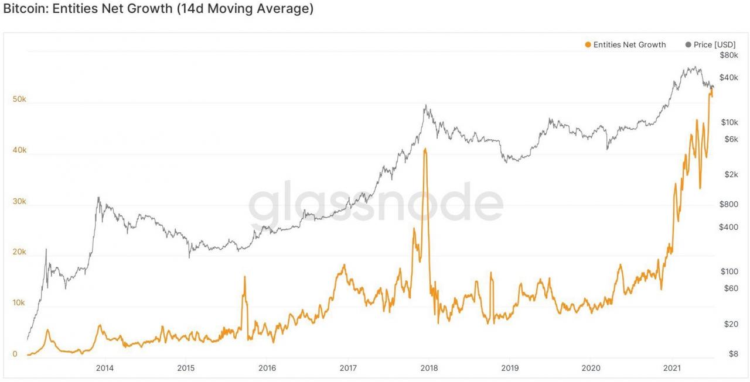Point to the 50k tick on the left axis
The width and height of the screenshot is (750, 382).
pos(19,99)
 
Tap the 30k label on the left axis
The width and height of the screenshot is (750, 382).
pos(19,201)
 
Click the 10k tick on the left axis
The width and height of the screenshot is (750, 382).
pos(19,303)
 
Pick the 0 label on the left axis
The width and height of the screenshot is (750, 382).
pos(15,354)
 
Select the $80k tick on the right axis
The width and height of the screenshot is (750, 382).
pos(728,55)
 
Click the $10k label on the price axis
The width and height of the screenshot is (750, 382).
pos(728,122)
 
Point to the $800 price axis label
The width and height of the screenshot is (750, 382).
pos(728,204)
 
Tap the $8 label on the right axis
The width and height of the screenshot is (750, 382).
pos(732,353)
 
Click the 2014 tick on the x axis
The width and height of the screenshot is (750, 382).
pos(105,367)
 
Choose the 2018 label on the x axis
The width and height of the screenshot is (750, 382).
pos(429,367)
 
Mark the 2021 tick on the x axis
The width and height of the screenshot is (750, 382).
pos(671,367)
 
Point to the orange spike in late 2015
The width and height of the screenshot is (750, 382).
pos(244,277)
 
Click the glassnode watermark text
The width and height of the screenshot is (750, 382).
pos(375,202)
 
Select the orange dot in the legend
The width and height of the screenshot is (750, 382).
pos(588,44)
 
